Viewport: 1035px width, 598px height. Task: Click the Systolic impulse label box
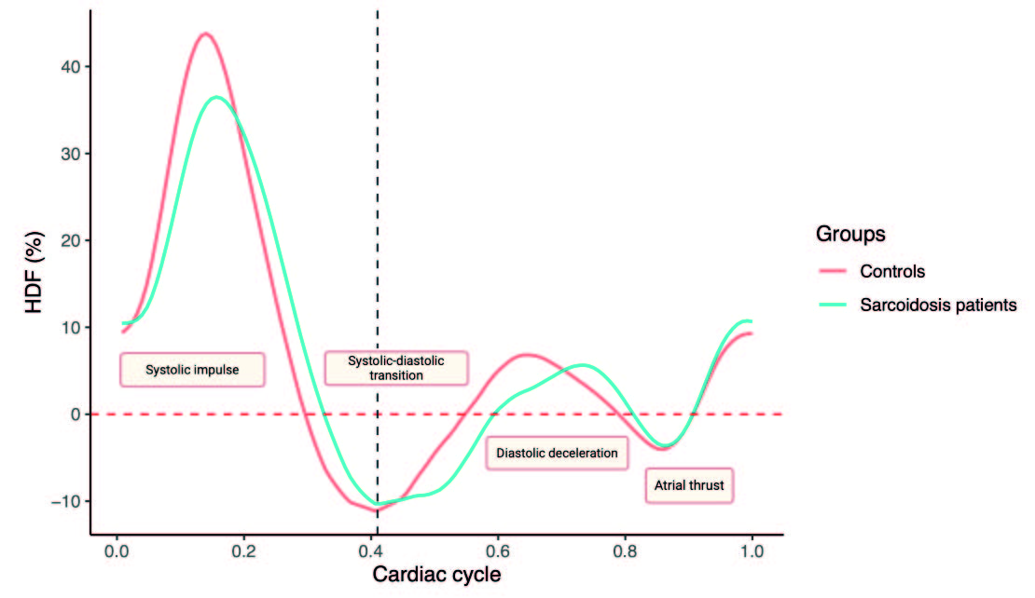tap(192, 369)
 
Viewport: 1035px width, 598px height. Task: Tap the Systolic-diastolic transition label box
tap(396, 367)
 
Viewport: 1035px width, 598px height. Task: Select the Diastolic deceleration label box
tap(557, 453)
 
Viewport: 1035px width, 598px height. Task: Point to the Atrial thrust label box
tap(689, 485)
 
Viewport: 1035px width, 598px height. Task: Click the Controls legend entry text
tap(892, 272)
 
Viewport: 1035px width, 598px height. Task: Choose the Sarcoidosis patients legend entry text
tap(937, 305)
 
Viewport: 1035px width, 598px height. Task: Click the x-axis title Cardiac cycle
tap(436, 575)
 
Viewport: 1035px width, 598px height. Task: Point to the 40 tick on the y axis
tap(76, 67)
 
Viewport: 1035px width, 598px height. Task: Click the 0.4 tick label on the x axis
tap(371, 550)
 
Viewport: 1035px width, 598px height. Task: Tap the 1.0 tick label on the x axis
tap(752, 550)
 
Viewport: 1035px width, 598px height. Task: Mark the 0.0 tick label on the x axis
tap(117, 550)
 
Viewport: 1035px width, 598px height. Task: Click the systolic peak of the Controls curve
tap(204, 34)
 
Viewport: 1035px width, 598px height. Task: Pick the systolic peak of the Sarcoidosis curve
tap(216, 97)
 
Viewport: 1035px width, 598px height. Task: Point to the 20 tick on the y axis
tap(76, 240)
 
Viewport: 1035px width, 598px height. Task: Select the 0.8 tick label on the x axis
tap(625, 550)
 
